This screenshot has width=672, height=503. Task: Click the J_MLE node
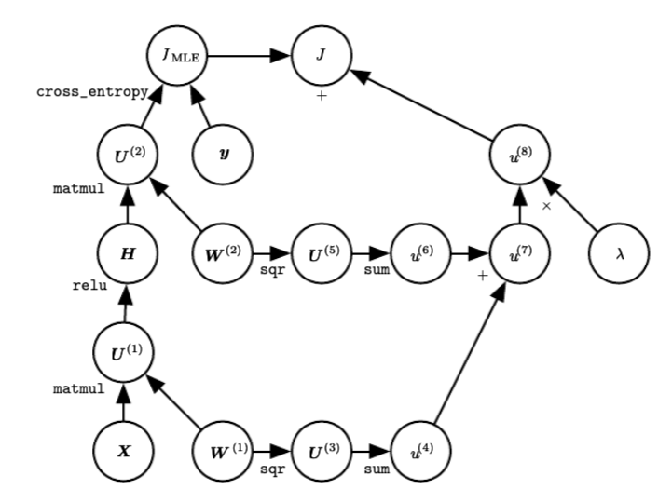(x=176, y=56)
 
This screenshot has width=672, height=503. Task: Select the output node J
(x=321, y=56)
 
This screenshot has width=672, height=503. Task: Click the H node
(x=127, y=251)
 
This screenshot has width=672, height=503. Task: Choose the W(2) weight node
(x=224, y=251)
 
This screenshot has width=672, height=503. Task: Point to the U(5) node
(x=321, y=251)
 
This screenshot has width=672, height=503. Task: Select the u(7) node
(x=518, y=251)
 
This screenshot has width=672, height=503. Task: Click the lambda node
(x=618, y=251)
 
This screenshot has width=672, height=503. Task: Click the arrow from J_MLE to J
(x=247, y=56)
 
